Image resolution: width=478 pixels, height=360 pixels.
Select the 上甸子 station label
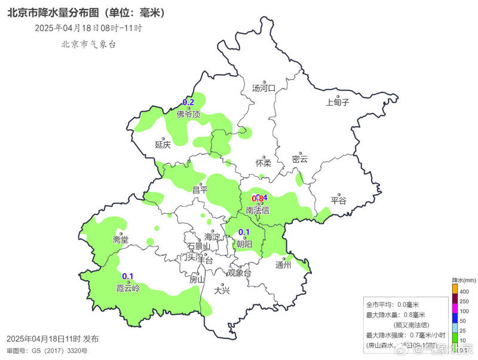pos(338,102)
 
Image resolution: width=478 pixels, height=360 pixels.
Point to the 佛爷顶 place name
pos(188,115)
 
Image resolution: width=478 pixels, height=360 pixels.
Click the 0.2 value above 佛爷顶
pos(188,102)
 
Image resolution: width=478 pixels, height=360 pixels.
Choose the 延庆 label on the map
pos(163,144)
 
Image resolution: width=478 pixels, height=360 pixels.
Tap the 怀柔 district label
pos(263,162)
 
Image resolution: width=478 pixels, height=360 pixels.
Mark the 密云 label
pos(300,159)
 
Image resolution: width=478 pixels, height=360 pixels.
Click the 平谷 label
pos(339,201)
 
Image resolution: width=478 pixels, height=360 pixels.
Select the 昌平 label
pos(200,190)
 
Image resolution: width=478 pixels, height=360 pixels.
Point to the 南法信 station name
pos(258,210)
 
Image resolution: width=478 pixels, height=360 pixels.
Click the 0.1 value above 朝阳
pos(244,232)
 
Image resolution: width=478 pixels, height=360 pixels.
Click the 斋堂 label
pos(120,239)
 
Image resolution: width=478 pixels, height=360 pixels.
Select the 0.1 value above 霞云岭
pos(128,276)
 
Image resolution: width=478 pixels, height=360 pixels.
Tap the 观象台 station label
pos(240,273)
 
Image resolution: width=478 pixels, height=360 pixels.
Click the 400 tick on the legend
pos(464,291)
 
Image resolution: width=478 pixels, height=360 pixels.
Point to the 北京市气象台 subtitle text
pos(88,44)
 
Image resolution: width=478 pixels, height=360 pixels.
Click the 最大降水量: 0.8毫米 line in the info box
pos(396,315)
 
